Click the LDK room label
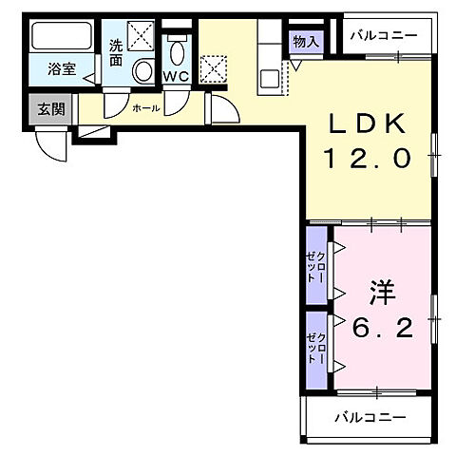pyautogui.click(x=370, y=123)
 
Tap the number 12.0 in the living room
pyautogui.click(x=370, y=160)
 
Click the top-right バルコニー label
pyautogui.click(x=383, y=35)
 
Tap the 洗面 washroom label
pyautogui.click(x=115, y=51)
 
